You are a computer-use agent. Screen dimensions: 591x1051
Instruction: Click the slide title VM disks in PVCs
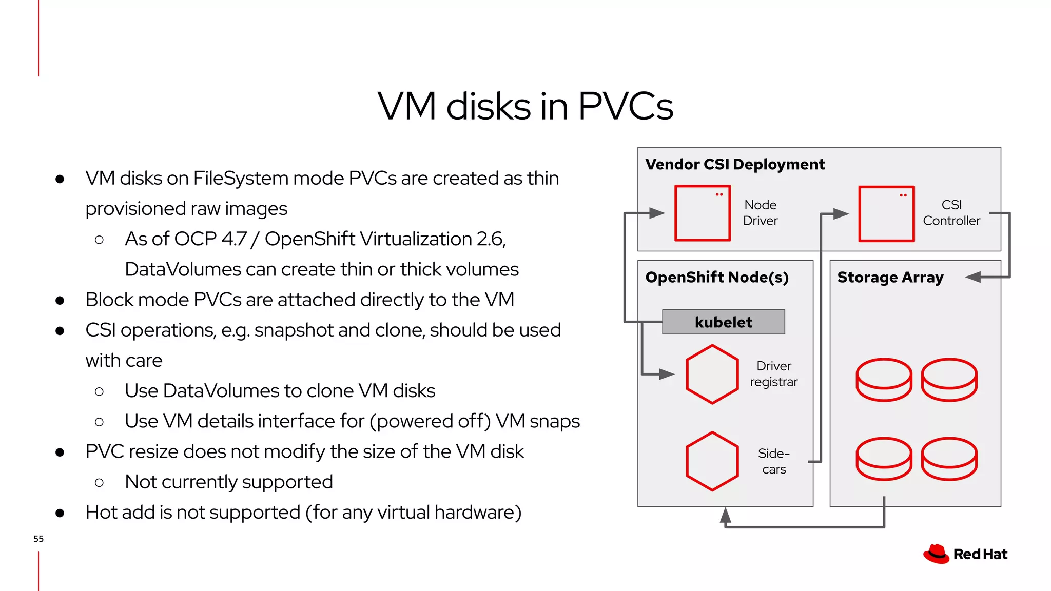click(x=525, y=106)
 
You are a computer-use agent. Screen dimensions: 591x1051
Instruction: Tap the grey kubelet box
click(x=723, y=322)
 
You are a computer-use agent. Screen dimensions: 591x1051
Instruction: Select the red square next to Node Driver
click(x=702, y=213)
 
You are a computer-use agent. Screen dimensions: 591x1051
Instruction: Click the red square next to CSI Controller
click(x=886, y=213)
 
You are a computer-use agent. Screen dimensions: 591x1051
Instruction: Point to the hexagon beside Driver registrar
click(x=712, y=375)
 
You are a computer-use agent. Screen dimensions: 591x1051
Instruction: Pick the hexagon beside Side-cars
click(x=712, y=461)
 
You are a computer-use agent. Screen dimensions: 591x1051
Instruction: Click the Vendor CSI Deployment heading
click(x=735, y=164)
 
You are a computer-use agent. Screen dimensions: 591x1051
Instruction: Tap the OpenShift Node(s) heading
click(x=716, y=278)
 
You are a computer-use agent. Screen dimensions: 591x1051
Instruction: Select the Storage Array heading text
click(x=890, y=278)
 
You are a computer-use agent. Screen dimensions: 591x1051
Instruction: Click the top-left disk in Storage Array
click(x=884, y=380)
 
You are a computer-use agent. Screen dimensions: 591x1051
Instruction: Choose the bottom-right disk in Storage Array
click(x=949, y=459)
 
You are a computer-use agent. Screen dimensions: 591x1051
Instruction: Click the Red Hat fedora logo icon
click(x=936, y=554)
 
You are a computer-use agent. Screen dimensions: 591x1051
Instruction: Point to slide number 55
click(x=38, y=539)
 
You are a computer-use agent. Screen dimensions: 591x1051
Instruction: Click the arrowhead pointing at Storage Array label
click(x=973, y=277)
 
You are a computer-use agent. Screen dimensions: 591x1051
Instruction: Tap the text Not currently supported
click(x=229, y=482)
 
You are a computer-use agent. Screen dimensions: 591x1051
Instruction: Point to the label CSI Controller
click(x=951, y=213)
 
